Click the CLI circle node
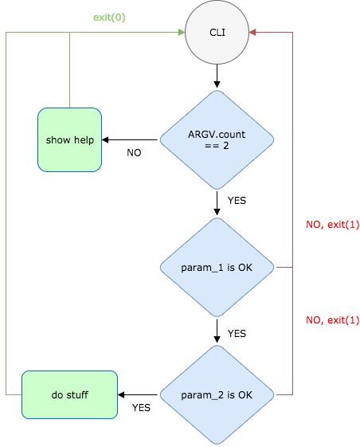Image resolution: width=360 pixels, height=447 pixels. click(217, 33)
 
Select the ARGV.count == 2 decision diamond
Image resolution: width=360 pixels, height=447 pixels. click(217, 140)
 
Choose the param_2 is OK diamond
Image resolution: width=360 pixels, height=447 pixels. click(217, 394)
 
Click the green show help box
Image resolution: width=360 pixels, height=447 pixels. click(69, 140)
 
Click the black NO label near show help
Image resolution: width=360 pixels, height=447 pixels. click(134, 152)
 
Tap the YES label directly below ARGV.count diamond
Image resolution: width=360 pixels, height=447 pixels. click(237, 201)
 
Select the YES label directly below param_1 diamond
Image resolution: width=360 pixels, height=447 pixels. click(237, 332)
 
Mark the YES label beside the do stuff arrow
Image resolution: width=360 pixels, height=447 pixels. click(141, 407)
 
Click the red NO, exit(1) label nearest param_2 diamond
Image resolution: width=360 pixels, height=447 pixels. click(333, 320)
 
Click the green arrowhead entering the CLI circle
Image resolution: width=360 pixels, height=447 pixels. click(178, 33)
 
